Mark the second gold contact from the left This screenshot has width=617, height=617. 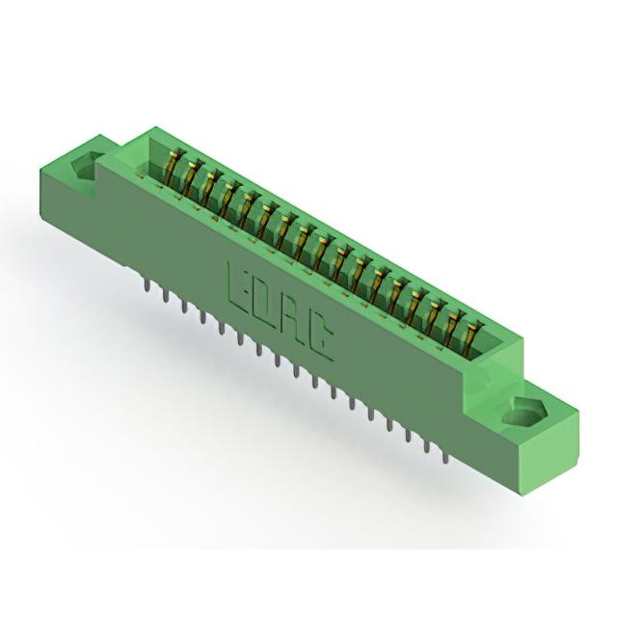pos(193,176)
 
